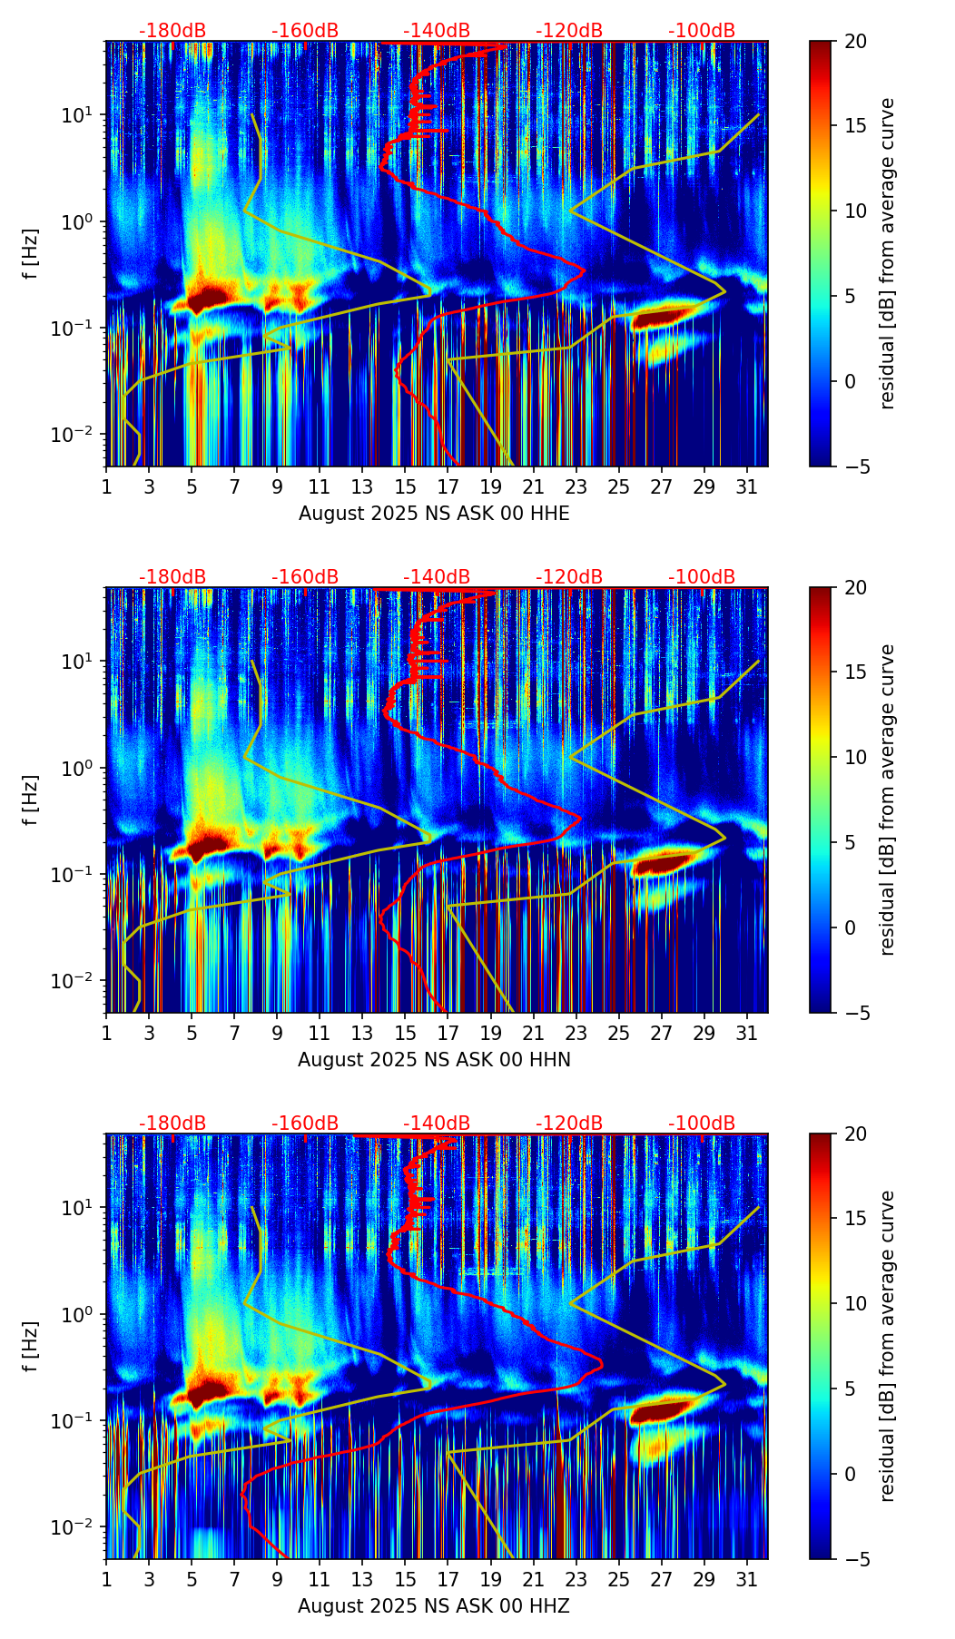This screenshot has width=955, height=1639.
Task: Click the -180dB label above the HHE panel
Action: (172, 31)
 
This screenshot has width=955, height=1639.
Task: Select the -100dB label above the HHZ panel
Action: (702, 1124)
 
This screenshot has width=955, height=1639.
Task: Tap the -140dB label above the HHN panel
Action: (437, 577)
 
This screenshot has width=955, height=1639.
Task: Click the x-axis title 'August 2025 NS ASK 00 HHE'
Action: (434, 514)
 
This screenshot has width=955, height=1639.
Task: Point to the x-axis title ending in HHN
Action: (434, 1060)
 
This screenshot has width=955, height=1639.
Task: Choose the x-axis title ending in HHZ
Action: (434, 1606)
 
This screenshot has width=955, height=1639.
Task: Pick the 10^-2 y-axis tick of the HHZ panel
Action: (76, 1527)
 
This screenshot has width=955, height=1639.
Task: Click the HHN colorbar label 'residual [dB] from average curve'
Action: (888, 800)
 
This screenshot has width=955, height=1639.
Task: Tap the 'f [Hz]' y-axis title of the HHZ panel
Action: (31, 1346)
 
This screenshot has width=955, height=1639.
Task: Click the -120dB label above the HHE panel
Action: (569, 31)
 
